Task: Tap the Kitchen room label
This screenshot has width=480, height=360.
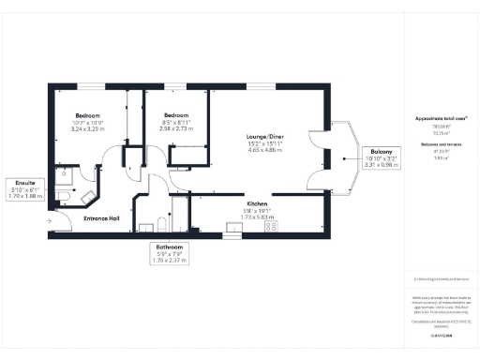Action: [259, 202]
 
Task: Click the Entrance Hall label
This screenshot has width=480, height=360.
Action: [101, 217]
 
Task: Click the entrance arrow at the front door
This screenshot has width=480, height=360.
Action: [47, 221]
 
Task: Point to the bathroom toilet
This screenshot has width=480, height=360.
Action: [160, 225]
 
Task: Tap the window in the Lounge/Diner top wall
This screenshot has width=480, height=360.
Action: [261, 87]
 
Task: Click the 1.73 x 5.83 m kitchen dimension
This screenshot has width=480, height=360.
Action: [259, 217]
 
